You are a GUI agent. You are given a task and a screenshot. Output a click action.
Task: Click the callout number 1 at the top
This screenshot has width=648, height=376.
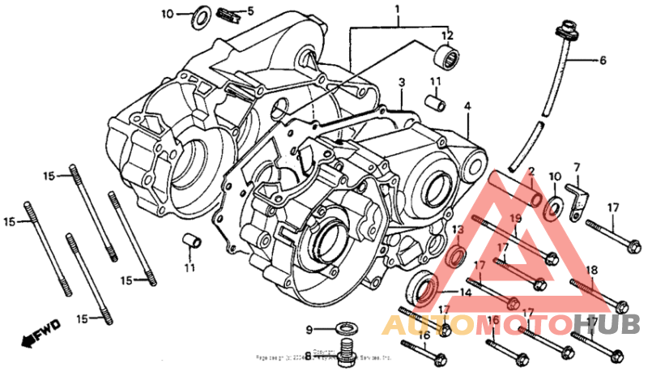click(398, 10)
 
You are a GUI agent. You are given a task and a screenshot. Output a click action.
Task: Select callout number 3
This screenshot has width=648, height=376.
click(401, 83)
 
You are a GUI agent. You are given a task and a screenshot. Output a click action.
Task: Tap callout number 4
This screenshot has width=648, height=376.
click(467, 106)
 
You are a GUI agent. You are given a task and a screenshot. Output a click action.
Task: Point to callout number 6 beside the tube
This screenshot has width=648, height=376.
click(602, 60)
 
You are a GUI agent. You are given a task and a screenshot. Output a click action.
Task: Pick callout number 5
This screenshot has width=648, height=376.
click(250, 11)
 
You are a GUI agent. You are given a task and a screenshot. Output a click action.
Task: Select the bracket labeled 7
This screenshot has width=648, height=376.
click(576, 197)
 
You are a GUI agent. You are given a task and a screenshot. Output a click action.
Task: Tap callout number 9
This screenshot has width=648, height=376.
click(309, 329)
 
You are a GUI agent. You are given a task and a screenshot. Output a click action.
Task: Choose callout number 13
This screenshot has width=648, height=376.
click(458, 230)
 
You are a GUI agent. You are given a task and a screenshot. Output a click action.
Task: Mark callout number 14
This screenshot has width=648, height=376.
click(465, 293)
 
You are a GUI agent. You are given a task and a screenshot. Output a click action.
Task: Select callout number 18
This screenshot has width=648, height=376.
click(590, 270)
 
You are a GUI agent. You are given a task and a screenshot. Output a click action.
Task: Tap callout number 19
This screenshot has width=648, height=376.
click(515, 218)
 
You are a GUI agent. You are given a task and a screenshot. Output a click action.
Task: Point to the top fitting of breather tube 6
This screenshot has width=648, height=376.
click(561, 32)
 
